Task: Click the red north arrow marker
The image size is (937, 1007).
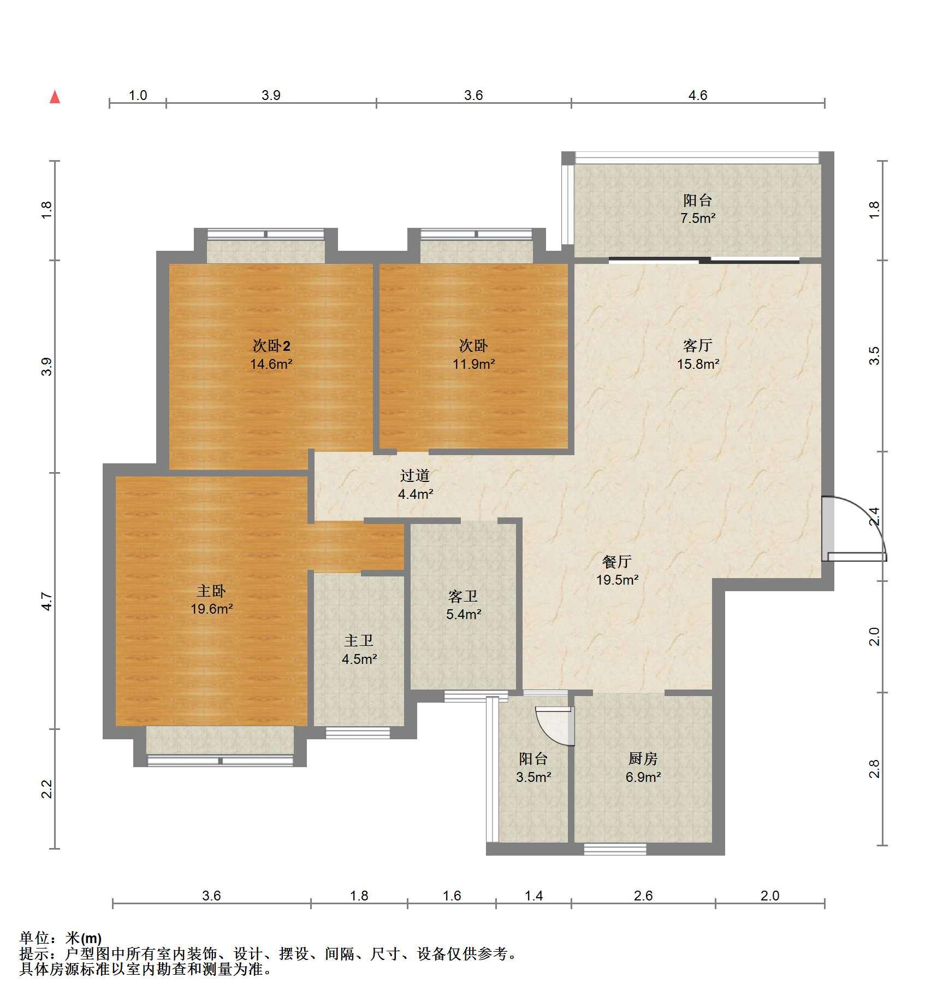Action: tap(55, 97)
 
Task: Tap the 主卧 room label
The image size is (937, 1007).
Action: tap(211, 591)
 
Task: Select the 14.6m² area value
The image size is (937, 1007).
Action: tap(271, 364)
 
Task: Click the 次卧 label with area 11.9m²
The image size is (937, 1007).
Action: tap(473, 345)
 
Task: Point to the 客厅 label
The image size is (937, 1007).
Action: tap(698, 345)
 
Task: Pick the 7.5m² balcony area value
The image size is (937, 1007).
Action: tap(698, 218)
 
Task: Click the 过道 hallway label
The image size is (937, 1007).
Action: tap(415, 475)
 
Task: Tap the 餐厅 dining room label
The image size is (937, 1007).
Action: tap(617, 561)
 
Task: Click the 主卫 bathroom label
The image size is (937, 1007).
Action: tap(359, 640)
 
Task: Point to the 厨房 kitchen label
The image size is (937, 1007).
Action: tap(643, 758)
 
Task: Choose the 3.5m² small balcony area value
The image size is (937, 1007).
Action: tap(533, 776)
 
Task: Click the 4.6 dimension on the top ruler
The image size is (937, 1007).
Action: tap(697, 96)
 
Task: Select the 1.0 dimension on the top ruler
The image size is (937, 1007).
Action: tap(138, 96)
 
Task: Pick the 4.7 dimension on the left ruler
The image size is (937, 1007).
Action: tap(47, 602)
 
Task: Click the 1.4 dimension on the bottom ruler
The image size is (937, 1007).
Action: tap(533, 896)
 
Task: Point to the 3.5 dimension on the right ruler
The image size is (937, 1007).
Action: tap(874, 356)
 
